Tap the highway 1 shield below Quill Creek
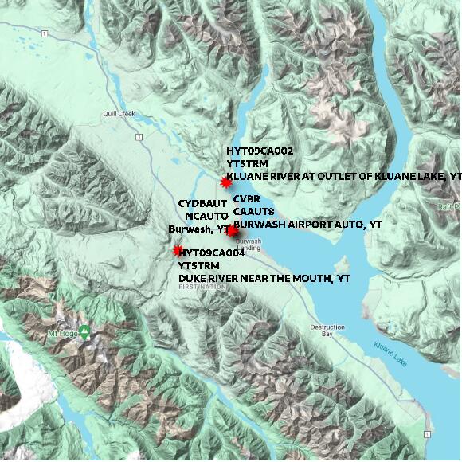pos(139,138)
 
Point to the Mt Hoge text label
pos(63,333)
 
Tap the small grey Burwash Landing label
pos(249,244)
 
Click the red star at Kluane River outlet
pos(226,182)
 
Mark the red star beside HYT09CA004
pos(178,251)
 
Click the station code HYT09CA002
pos(260,151)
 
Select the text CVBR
pos(247,198)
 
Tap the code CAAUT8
pos(254,211)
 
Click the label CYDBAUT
pos(202,203)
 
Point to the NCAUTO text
pos(206,216)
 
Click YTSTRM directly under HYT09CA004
pos(200,266)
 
